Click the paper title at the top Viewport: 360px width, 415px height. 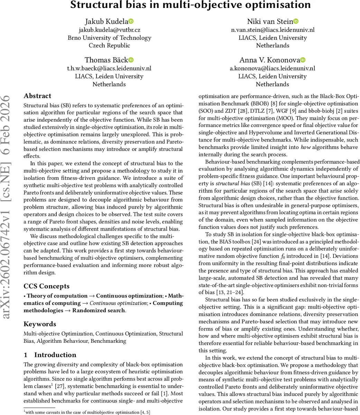pos(190,5)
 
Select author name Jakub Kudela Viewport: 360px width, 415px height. pos(106,22)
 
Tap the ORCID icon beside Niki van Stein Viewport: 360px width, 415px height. pos(296,21)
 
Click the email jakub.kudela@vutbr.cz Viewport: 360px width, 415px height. pos(109,30)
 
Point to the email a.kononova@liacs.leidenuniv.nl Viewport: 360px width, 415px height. pos(273,68)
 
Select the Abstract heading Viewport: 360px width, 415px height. pos(37,96)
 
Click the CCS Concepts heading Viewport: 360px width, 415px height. pos(46,286)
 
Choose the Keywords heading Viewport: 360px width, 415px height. pos(40,324)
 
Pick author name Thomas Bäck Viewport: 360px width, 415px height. pos(106,60)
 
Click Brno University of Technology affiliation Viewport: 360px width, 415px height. pos(109,38)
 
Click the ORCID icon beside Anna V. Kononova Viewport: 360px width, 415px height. pos(303,60)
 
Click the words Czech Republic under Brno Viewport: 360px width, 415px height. pos(109,45)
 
